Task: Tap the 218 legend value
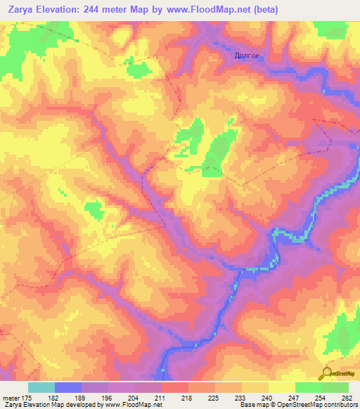tap(187, 398)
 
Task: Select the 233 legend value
tap(240, 398)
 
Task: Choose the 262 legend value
tap(346, 398)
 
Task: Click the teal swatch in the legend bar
tap(41, 387)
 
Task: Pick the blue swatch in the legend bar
tap(68, 387)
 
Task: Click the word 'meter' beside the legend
tap(11, 398)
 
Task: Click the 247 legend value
tap(292, 398)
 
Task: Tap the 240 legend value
tap(266, 398)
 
